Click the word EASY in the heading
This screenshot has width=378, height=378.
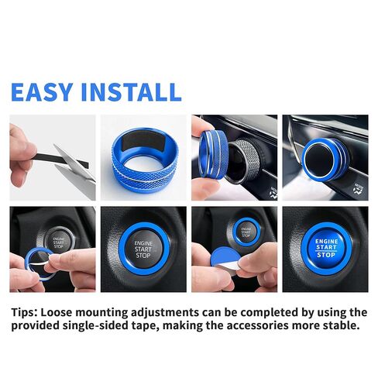point(44,91)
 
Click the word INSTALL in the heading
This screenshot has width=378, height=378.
point(132,91)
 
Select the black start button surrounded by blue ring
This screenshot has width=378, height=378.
point(144,249)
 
